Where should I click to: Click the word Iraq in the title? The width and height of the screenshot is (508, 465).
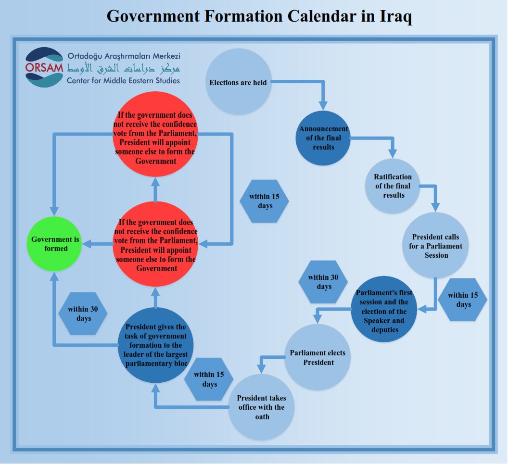395,16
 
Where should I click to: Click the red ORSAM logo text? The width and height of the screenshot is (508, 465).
44,68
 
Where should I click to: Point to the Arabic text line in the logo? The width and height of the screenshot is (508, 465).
124,68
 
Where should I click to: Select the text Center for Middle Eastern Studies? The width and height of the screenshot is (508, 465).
123,80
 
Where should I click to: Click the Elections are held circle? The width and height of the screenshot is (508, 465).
239,82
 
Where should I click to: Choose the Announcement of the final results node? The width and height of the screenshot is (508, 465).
323,138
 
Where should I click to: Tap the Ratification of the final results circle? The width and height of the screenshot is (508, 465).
393,186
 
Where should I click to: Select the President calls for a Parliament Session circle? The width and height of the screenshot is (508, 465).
435,245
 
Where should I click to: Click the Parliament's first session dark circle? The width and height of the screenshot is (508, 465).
384,309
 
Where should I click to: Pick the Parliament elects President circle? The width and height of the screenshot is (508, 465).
317,357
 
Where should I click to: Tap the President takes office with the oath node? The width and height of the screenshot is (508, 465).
261,407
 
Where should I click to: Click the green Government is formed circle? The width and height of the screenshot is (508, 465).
54,244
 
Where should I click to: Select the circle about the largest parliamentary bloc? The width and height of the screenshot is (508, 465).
156,345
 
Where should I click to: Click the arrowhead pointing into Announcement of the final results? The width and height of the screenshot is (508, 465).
323,106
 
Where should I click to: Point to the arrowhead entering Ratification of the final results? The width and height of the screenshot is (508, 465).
393,153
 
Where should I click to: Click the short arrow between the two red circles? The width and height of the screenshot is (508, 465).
155,190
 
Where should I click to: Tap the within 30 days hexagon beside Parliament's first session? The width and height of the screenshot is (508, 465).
323,282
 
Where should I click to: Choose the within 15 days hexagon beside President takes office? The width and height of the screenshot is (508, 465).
209,379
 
